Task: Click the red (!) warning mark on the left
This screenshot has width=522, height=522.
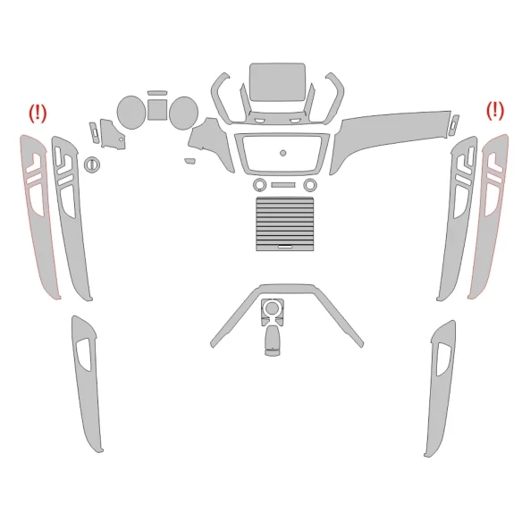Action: (x=38, y=114)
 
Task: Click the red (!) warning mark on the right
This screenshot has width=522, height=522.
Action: (x=494, y=110)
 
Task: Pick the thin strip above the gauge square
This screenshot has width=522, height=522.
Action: (x=156, y=92)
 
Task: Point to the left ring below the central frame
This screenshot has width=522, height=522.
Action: (x=259, y=185)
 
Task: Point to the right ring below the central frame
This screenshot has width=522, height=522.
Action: (x=309, y=185)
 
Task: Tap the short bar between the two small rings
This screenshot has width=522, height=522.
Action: (x=284, y=185)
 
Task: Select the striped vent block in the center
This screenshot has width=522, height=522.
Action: (x=283, y=223)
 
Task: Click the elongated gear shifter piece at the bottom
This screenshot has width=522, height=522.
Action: (x=271, y=341)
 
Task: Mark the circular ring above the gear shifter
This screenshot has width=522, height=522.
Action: (x=271, y=309)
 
